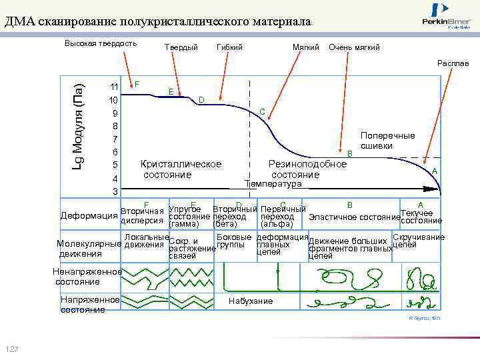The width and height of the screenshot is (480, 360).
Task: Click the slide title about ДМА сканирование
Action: [x=157, y=21]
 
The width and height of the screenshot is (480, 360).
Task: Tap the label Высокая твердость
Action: [x=101, y=44]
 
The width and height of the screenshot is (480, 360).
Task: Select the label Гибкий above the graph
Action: [x=230, y=47]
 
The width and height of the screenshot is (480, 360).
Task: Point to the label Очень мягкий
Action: [x=354, y=47]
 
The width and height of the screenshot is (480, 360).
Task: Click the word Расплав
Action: [x=453, y=63]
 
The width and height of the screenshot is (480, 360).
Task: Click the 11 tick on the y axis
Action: [x=115, y=87]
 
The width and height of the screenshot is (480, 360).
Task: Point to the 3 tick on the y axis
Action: [x=115, y=191]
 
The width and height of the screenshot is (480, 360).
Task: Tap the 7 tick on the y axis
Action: [x=115, y=139]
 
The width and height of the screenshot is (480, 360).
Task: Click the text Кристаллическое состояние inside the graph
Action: [x=180, y=169]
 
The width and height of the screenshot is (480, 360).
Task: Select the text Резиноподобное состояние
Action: [x=307, y=169]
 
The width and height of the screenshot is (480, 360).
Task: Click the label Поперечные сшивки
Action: [x=387, y=141]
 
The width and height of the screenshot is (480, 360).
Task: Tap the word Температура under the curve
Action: [x=273, y=183]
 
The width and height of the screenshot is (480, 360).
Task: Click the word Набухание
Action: [x=251, y=301]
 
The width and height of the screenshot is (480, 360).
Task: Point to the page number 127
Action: [x=13, y=351]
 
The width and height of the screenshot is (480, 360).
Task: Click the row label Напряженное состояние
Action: [x=89, y=305]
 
